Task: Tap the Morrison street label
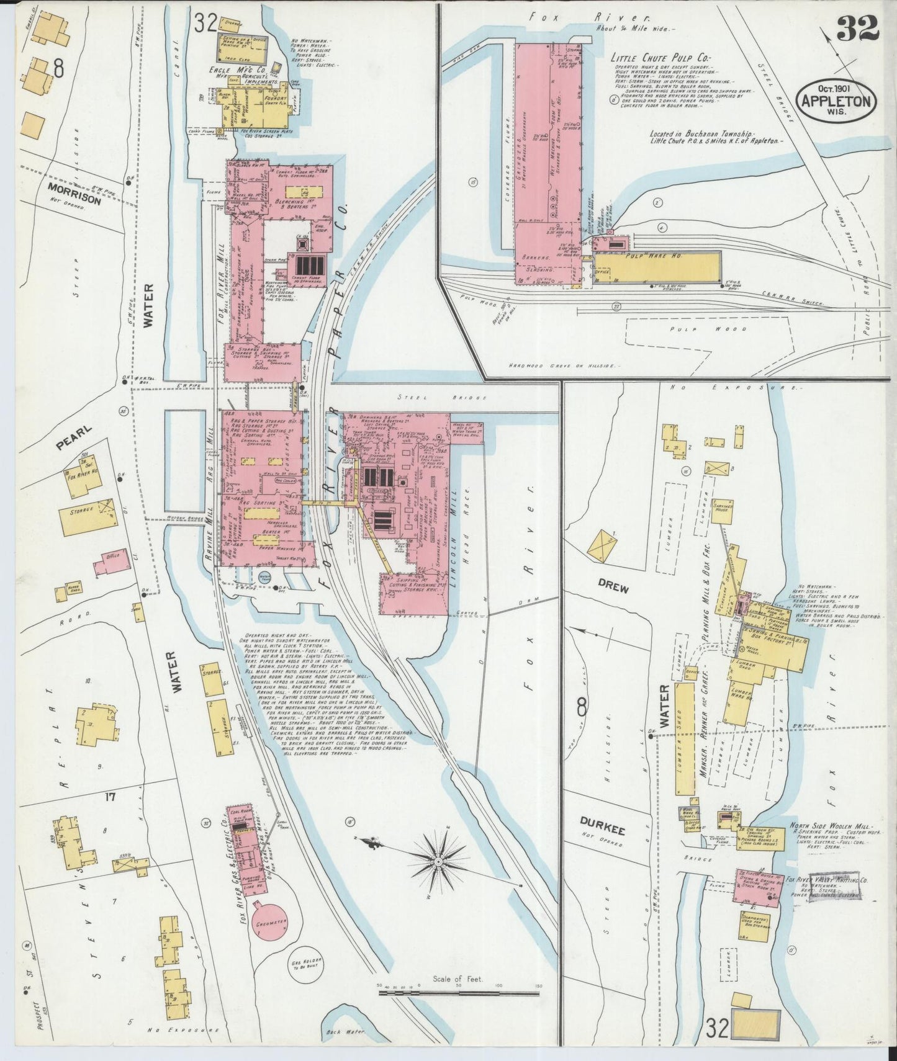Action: (73, 200)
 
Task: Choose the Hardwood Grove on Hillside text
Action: (569, 366)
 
